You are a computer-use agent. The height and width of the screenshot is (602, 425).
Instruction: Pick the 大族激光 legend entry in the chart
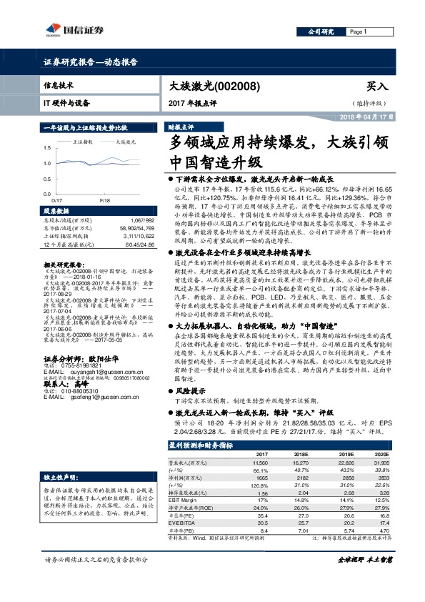click(126, 142)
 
